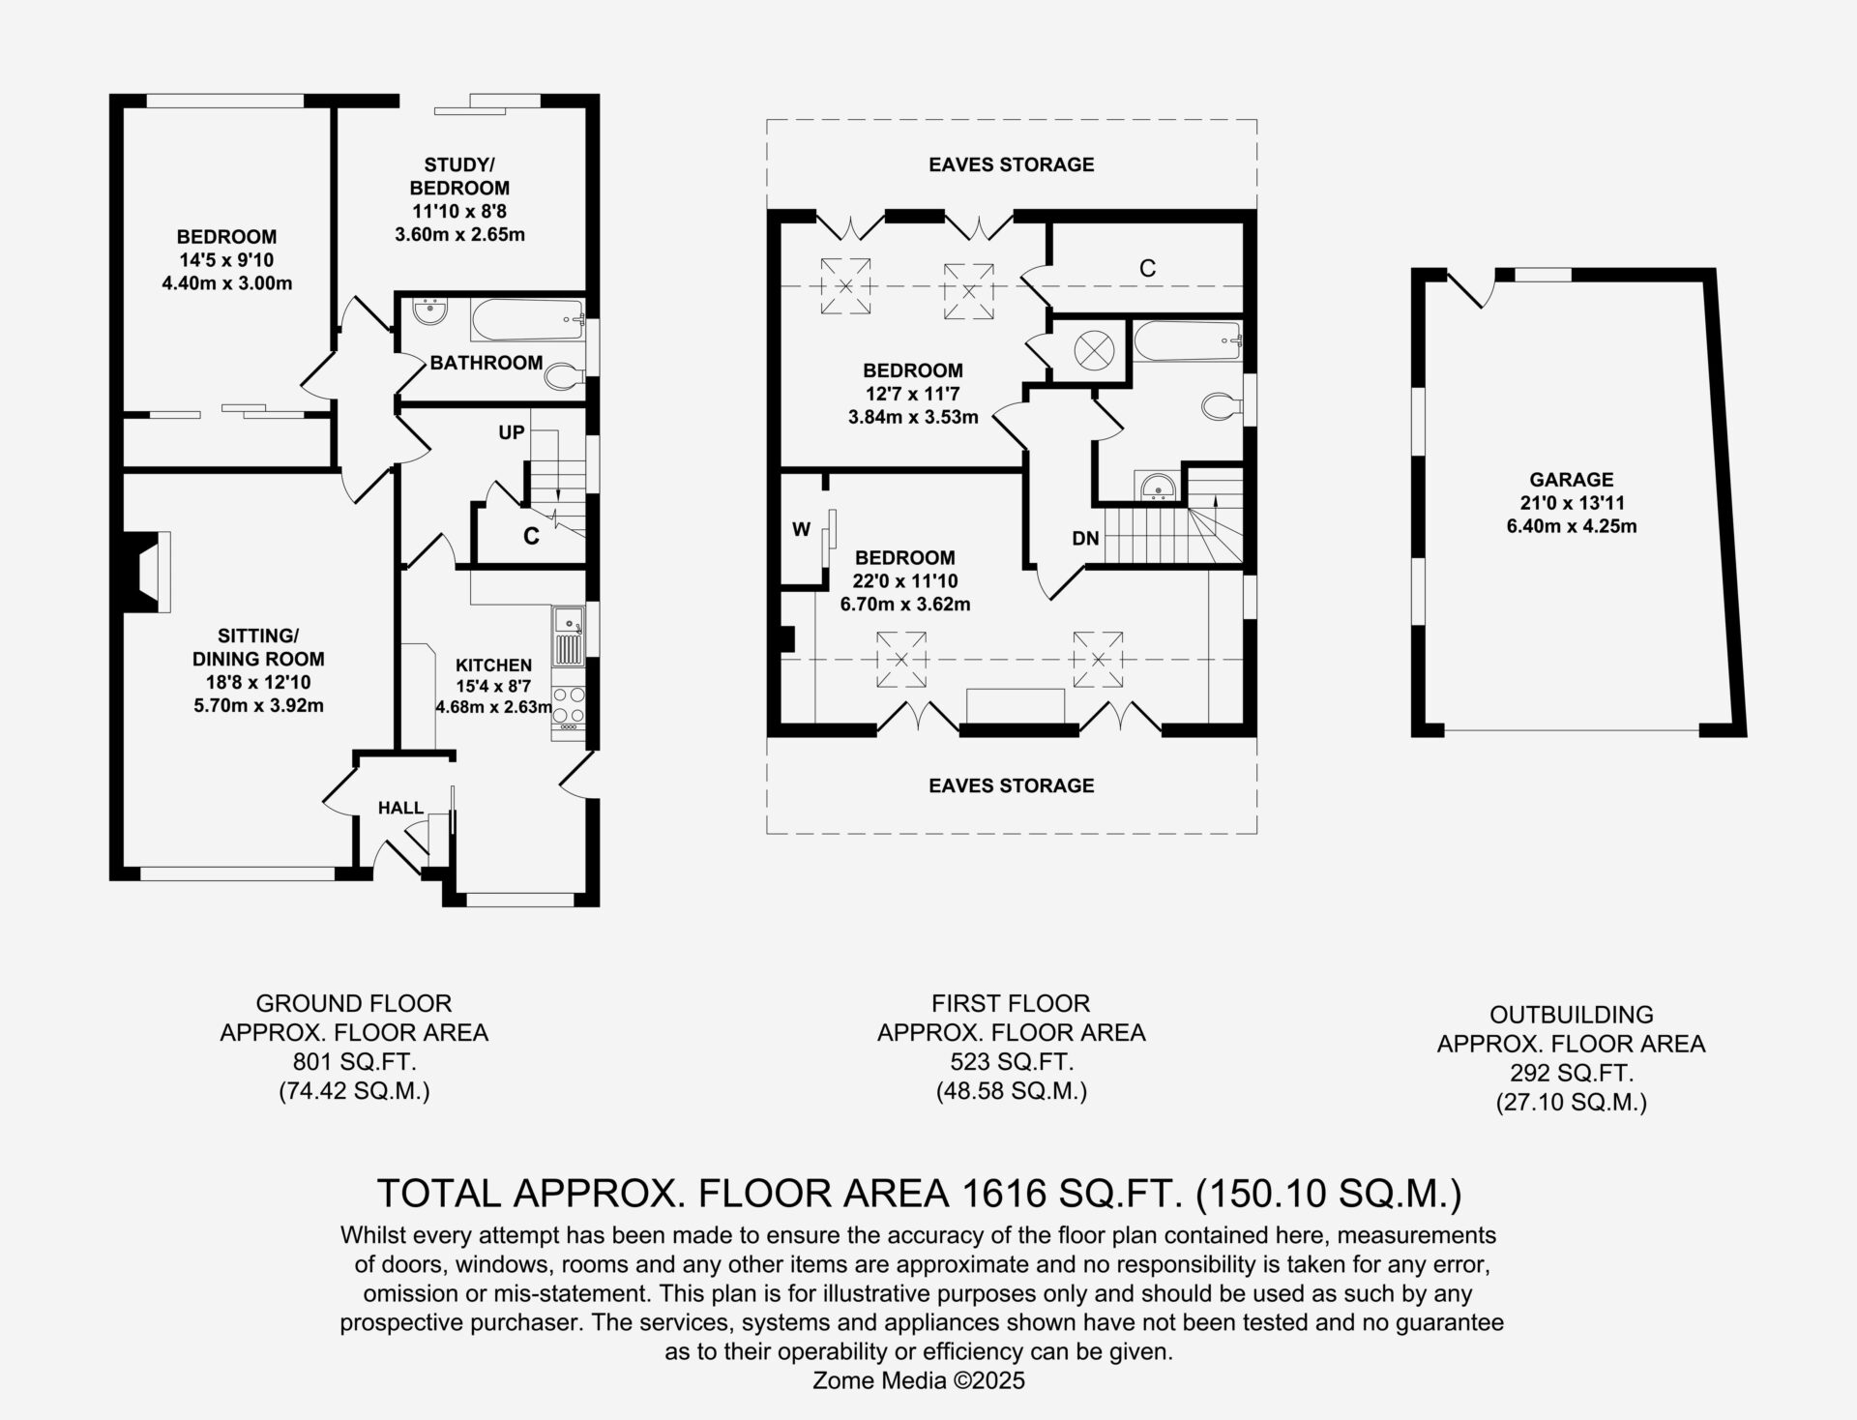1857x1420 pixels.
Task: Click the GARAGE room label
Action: pyautogui.click(x=1571, y=479)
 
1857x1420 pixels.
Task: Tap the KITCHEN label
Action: pyautogui.click(x=493, y=666)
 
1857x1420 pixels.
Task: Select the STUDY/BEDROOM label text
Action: pyautogui.click(x=459, y=176)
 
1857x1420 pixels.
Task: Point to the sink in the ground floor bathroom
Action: pyautogui.click(x=429, y=311)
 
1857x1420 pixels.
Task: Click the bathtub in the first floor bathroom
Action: pyautogui.click(x=1187, y=342)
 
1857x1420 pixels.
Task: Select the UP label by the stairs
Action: pyautogui.click(x=511, y=432)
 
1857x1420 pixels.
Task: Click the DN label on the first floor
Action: pyautogui.click(x=1085, y=539)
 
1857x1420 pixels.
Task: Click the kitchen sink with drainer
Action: pyautogui.click(x=568, y=636)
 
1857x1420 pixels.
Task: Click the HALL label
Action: pyautogui.click(x=400, y=808)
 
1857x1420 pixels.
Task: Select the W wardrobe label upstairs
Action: pyautogui.click(x=801, y=529)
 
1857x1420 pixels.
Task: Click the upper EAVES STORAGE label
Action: pyautogui.click(x=1012, y=164)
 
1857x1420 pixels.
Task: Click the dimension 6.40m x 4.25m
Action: pyautogui.click(x=1572, y=526)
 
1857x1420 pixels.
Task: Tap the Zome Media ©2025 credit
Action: pyautogui.click(x=918, y=1380)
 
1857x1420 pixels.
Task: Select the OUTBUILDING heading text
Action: pyautogui.click(x=1572, y=1015)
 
